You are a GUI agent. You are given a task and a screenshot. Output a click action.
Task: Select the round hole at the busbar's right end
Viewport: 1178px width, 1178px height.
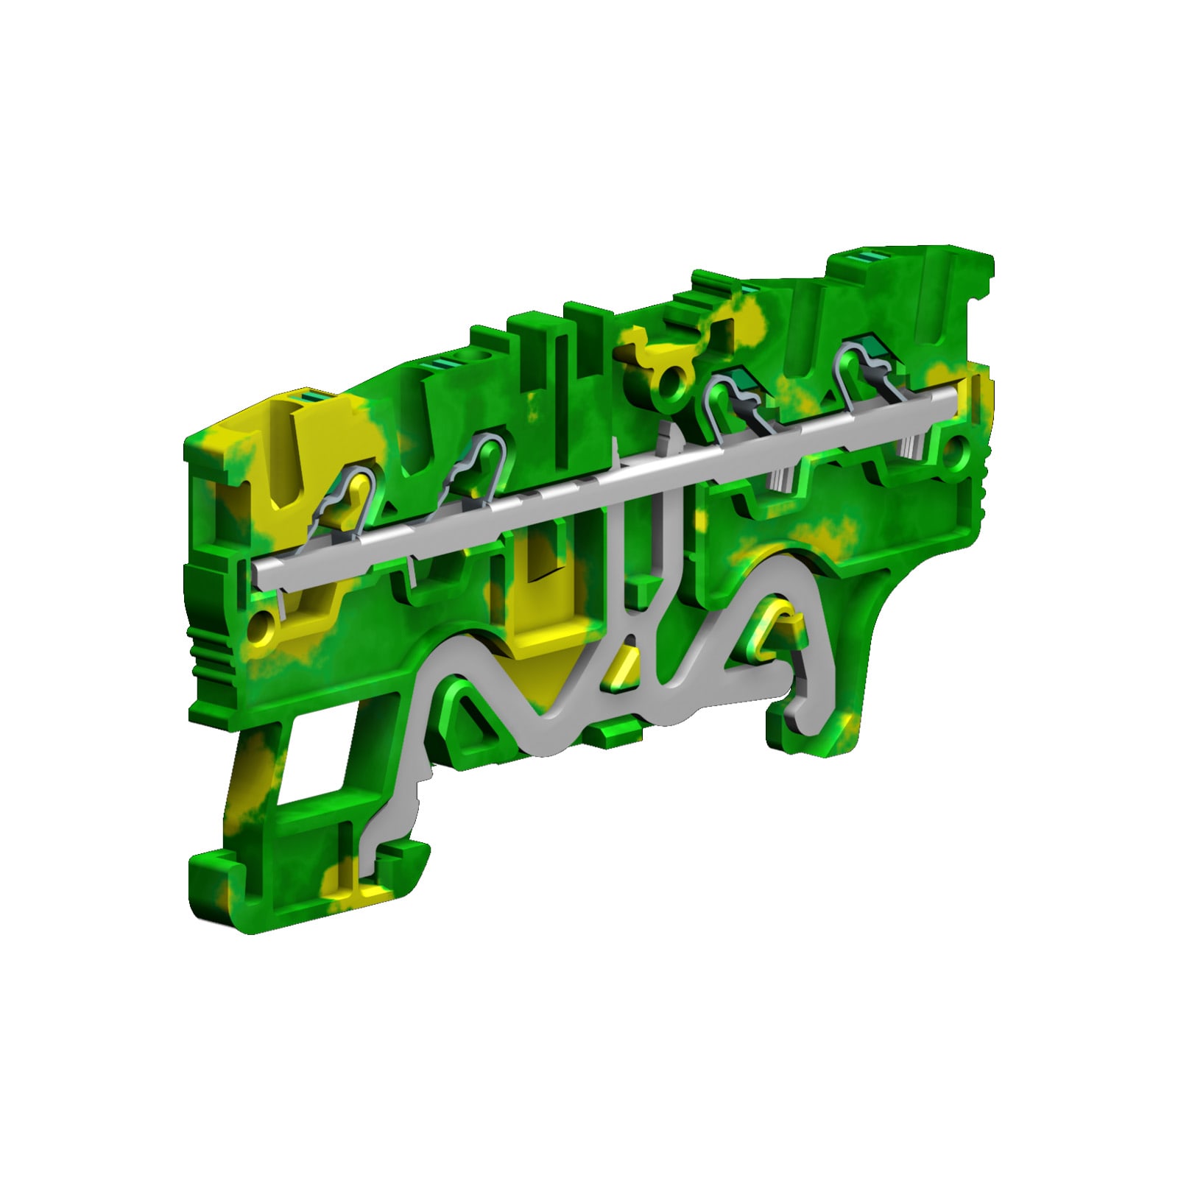point(956,448)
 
